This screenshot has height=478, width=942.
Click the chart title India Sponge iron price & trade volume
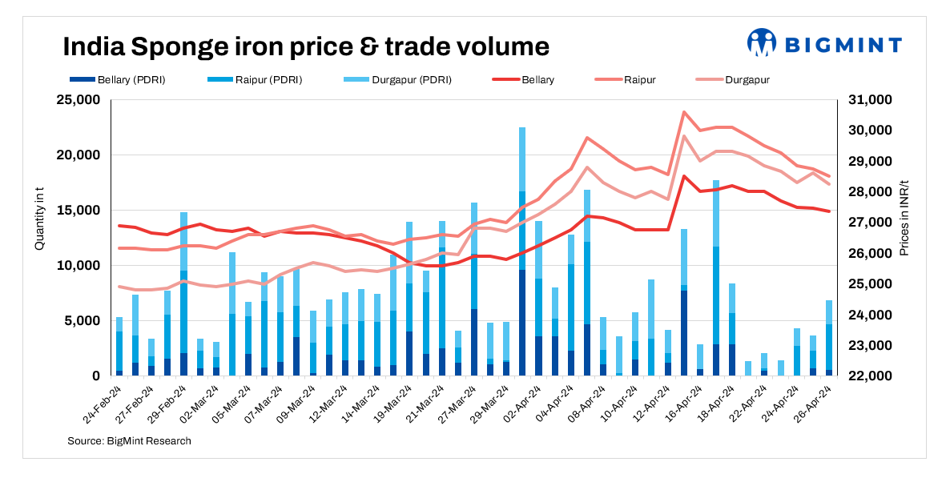pyautogui.click(x=306, y=46)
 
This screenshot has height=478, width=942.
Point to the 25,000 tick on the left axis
pyautogui.click(x=77, y=100)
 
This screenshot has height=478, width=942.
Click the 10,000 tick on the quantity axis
pyautogui.click(x=77, y=266)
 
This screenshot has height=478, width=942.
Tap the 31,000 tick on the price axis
pyautogui.click(x=867, y=100)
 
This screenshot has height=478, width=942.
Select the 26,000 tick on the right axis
pyautogui.click(x=867, y=253)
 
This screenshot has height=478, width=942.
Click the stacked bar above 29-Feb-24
pyautogui.click(x=183, y=294)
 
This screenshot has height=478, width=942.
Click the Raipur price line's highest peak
pyautogui.click(x=684, y=112)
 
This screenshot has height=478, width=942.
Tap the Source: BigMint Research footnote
pyautogui.click(x=129, y=441)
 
